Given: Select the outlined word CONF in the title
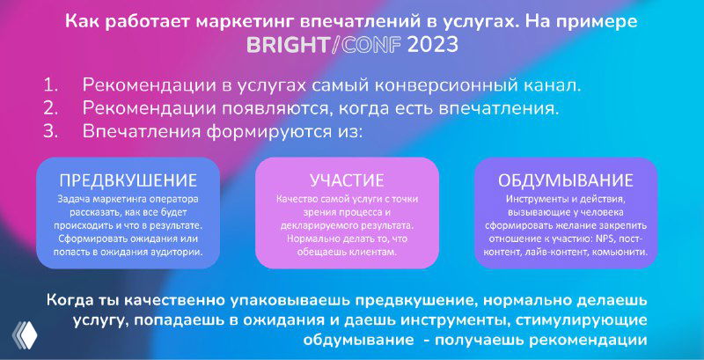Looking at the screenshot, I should point(369,45).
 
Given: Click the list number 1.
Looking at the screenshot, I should point(49,86).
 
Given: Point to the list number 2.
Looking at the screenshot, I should point(50,108).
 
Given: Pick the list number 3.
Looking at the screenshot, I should point(50,131).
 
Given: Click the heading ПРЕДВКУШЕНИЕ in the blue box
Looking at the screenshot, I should point(128,180).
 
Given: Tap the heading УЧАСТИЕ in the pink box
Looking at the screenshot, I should point(347,180).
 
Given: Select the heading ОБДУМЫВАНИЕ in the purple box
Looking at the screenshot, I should point(566,180).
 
